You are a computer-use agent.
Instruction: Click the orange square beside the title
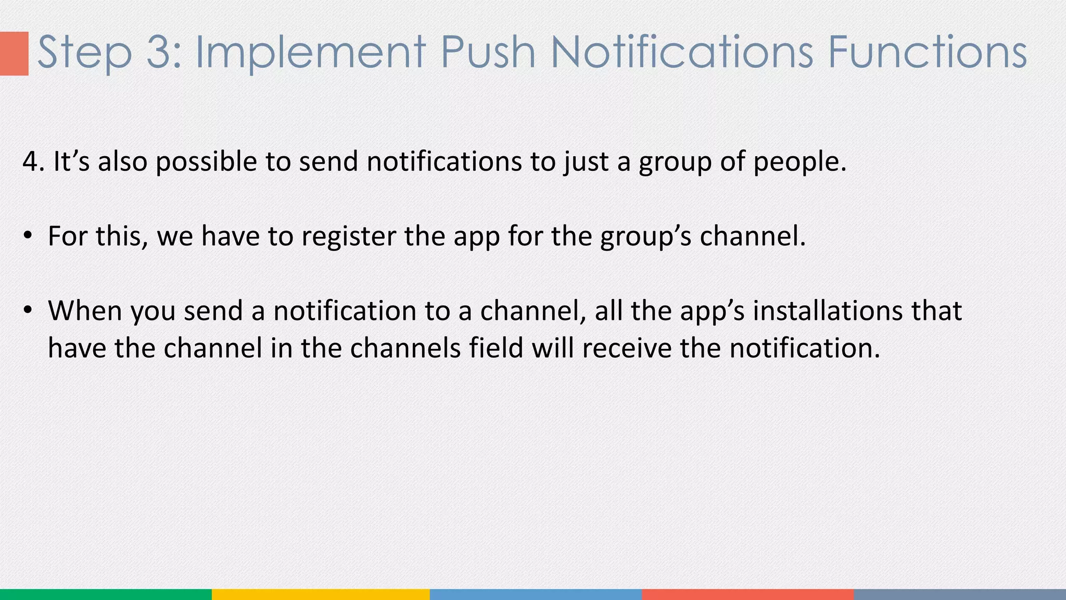[x=14, y=54]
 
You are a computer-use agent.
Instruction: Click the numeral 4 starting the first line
[x=30, y=161]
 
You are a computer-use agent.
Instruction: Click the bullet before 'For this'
[x=28, y=236]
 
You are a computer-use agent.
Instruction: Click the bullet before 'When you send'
[x=28, y=310]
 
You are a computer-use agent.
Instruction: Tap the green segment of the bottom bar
[x=106, y=594]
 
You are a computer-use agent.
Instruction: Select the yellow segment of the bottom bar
[x=321, y=594]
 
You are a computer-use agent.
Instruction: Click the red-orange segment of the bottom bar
[x=747, y=594]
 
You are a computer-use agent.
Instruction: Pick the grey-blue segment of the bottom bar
[x=960, y=594]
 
